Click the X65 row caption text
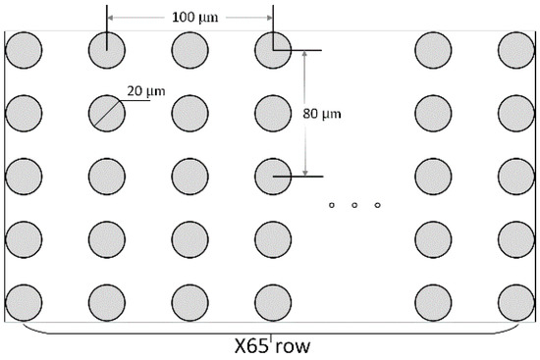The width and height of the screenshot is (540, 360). click(274, 345)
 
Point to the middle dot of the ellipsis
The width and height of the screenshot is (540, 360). click(354, 205)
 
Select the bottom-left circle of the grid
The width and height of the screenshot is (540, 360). click(24, 302)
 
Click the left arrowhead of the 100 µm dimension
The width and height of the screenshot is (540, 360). click(111, 19)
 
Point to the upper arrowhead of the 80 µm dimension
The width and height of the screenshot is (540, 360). click(306, 55)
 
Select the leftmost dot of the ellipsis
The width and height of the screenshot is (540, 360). click(332, 205)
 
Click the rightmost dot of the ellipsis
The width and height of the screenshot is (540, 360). click(378, 205)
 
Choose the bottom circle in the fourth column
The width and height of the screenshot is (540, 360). click(274, 302)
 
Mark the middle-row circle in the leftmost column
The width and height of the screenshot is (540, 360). click(24, 177)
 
